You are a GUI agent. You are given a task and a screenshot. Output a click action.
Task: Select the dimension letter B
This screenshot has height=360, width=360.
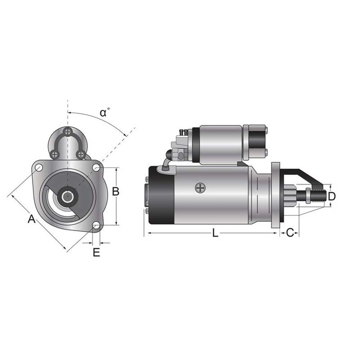tap(116, 191)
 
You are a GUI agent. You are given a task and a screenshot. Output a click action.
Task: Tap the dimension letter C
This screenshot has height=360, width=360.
tap(290, 233)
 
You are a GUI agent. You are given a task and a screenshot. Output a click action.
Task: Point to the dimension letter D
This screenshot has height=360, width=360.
tap(332, 196)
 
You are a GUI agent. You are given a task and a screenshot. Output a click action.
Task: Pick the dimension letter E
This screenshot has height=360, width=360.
tap(96, 252)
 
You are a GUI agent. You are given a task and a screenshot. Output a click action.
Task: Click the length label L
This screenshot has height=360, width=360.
tap(215, 233)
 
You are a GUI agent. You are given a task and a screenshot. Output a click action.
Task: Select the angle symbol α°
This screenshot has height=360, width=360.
tap(105, 112)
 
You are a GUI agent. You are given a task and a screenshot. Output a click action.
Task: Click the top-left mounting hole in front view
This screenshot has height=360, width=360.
tap(39, 167)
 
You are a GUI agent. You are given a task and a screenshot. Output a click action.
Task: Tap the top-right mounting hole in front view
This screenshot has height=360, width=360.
tap(96, 167)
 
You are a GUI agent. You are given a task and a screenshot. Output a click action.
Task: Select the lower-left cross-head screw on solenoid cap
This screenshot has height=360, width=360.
tap(55, 153)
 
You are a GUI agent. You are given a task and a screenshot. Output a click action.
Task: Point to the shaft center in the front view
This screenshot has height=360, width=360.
tap(67, 196)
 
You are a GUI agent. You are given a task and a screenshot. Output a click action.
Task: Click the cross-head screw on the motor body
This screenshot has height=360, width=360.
tap(200, 188)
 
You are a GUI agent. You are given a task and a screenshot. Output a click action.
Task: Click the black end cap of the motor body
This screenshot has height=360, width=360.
tap(161, 195)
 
